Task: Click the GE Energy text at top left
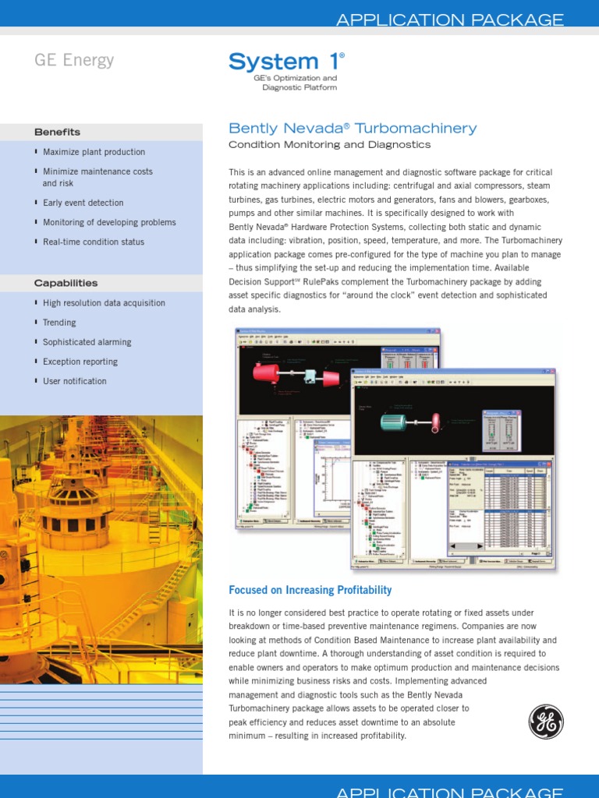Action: pyautogui.click(x=73, y=61)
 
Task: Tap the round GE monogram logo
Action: pyautogui.click(x=546, y=722)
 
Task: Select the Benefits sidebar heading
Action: pyautogui.click(x=57, y=132)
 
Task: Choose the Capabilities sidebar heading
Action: pyautogui.click(x=66, y=283)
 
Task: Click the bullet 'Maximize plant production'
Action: pyautogui.click(x=94, y=152)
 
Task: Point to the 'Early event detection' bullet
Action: pyautogui.click(x=83, y=203)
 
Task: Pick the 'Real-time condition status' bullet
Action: pyautogui.click(x=94, y=242)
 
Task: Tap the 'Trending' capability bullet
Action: pyautogui.click(x=59, y=323)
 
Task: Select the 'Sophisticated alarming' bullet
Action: pyautogui.click(x=87, y=342)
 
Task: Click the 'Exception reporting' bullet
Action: pyautogui.click(x=80, y=362)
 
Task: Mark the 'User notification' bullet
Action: pyautogui.click(x=74, y=381)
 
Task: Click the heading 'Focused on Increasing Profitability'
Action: pyautogui.click(x=310, y=590)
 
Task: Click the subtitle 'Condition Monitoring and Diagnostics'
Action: pyautogui.click(x=329, y=145)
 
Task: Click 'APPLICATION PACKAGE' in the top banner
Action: pyautogui.click(x=450, y=20)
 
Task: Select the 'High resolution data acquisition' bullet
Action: pyautogui.click(x=104, y=303)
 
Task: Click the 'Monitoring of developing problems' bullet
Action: pyautogui.click(x=109, y=222)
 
